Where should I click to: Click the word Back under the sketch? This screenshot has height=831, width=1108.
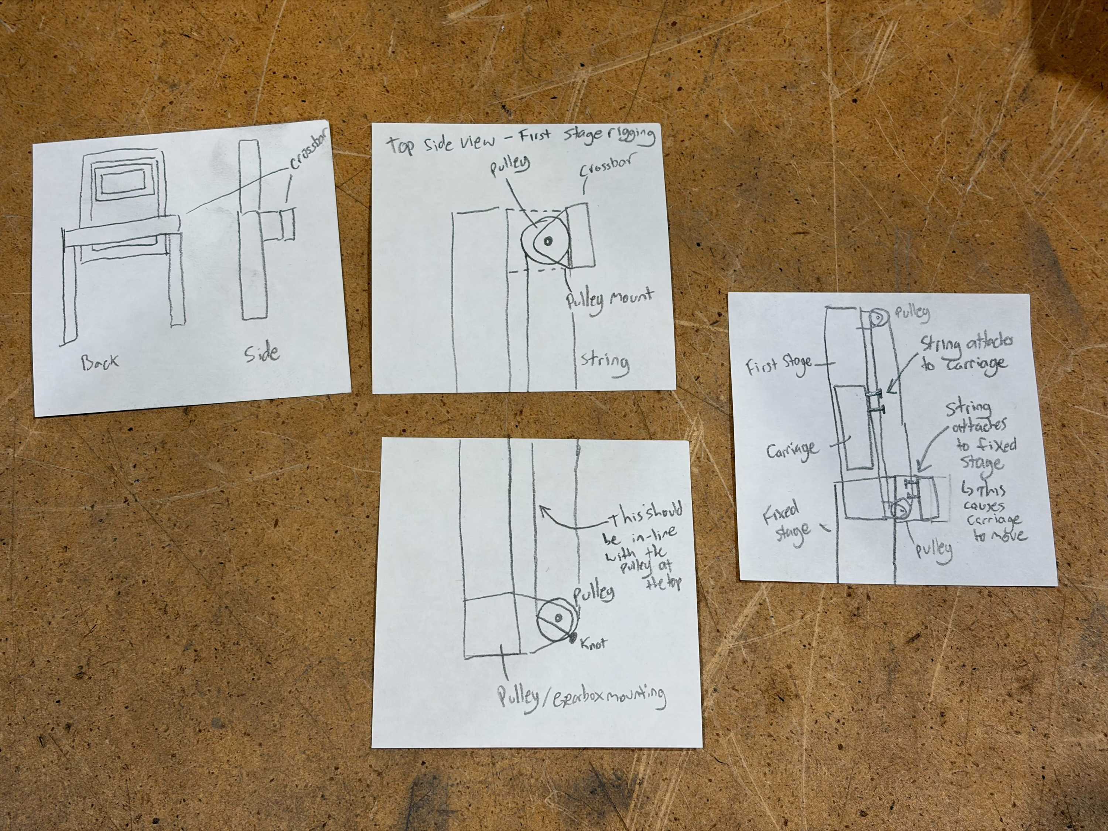click(x=100, y=362)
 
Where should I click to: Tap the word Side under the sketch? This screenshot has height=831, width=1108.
click(x=262, y=354)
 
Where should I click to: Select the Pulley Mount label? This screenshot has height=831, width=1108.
click(x=609, y=301)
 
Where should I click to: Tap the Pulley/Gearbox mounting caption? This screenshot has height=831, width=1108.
click(x=581, y=697)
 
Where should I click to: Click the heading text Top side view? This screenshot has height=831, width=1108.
click(x=440, y=143)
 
